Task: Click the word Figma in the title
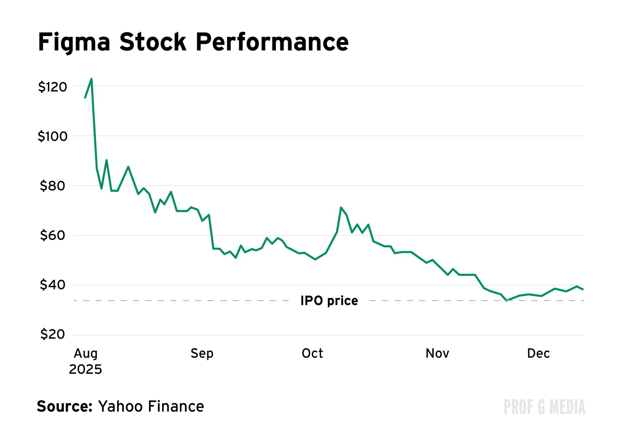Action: [74, 42]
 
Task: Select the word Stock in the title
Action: [153, 42]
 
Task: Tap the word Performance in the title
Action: [272, 42]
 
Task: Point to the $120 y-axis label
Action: [52, 87]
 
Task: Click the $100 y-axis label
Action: [52, 137]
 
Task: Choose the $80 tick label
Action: [52, 186]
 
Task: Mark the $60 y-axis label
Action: [52, 236]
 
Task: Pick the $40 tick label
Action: [52, 285]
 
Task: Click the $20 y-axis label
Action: [52, 335]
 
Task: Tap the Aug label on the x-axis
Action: [86, 354]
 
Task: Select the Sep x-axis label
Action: [202, 354]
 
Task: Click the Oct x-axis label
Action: [312, 353]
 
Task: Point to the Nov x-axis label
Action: [437, 353]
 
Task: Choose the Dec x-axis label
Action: [538, 353]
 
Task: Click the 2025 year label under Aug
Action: [86, 370]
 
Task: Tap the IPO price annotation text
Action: [329, 301]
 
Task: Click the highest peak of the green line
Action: [92, 79]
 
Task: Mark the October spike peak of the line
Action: [341, 207]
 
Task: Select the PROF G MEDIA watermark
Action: [544, 407]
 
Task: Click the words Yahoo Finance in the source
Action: [151, 407]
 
